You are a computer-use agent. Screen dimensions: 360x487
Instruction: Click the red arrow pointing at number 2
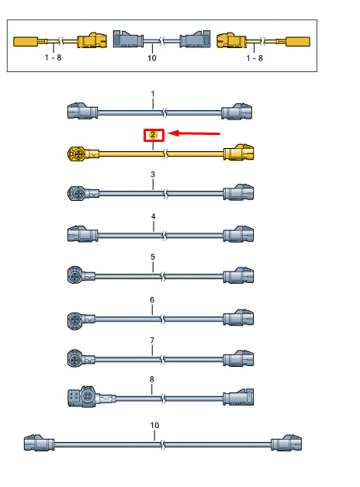click(195, 133)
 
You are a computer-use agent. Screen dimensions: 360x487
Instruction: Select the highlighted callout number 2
click(153, 135)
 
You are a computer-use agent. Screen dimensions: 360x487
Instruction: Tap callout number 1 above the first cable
click(153, 94)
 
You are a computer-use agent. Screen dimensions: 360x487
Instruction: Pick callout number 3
click(153, 174)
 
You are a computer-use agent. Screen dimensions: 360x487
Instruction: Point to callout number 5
click(153, 257)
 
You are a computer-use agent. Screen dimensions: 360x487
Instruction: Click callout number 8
click(152, 379)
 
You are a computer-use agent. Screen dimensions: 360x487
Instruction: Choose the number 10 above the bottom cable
click(154, 425)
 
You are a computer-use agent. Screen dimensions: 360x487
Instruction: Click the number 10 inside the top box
click(152, 58)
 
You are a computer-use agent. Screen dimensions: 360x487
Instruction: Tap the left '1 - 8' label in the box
click(53, 57)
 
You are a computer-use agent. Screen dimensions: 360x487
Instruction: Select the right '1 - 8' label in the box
click(254, 58)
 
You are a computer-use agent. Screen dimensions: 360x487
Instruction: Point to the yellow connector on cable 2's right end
click(238, 152)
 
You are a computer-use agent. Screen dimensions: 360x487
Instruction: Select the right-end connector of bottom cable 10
click(286, 443)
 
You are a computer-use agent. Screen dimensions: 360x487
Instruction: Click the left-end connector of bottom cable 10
click(39, 443)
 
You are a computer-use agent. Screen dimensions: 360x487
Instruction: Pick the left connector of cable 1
click(82, 111)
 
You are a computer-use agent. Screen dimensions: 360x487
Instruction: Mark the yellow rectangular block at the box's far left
click(26, 42)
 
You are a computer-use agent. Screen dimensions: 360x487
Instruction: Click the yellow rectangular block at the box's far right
click(298, 42)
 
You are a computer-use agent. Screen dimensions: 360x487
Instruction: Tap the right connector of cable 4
click(238, 234)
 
